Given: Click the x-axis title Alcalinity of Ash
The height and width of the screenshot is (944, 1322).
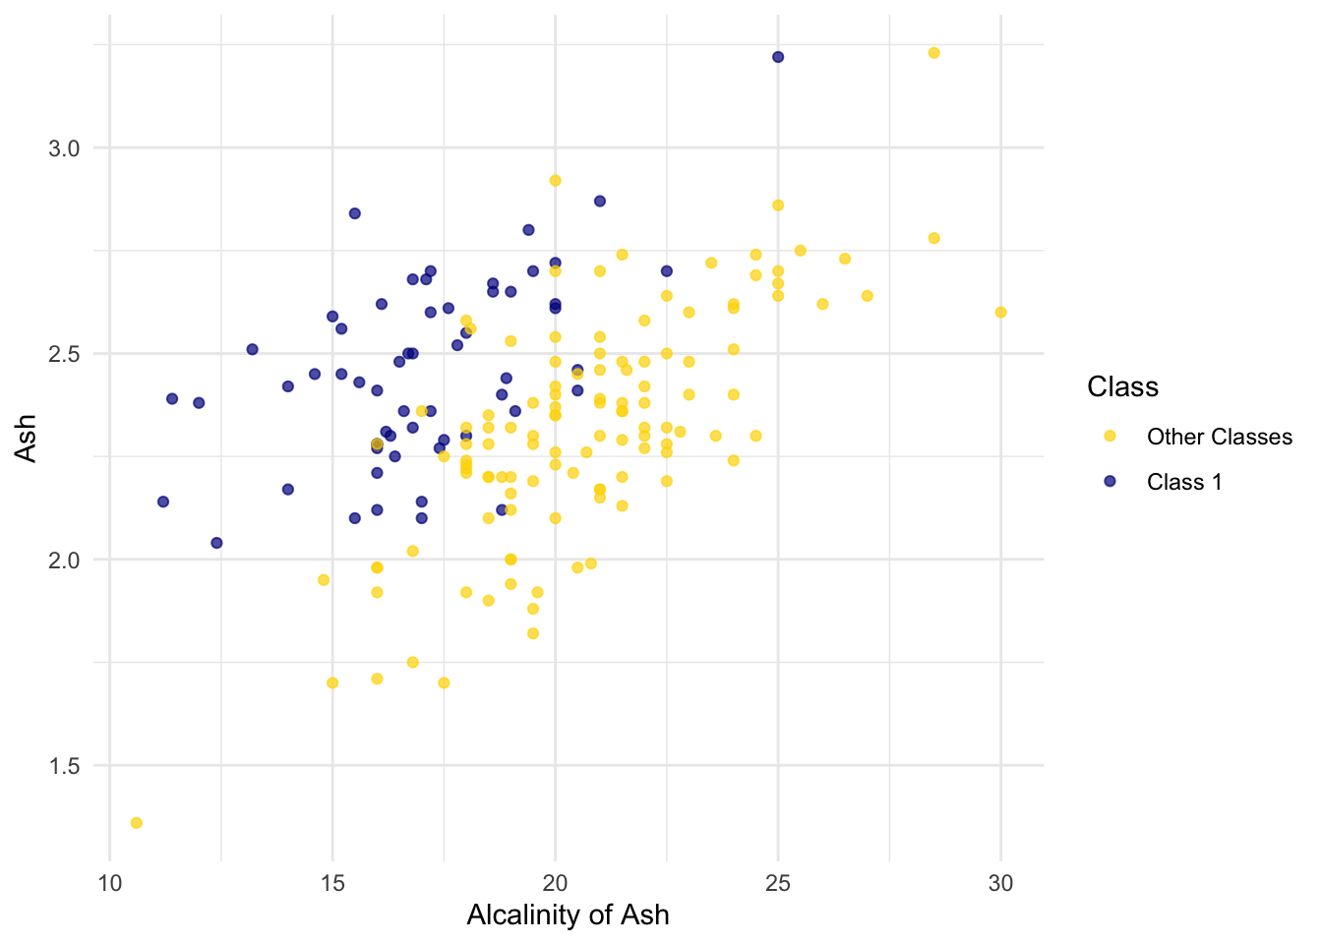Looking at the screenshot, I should pos(568,915).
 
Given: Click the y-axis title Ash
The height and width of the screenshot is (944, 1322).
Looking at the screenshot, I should pos(27,438).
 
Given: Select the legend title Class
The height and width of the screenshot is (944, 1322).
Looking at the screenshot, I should pos(1122,387).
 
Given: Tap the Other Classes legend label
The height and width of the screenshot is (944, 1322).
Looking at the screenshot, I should pos(1219,437).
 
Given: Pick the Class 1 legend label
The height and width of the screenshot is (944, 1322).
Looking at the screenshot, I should pos(1183,482).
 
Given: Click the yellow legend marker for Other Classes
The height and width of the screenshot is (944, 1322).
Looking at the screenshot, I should pos(1111,437).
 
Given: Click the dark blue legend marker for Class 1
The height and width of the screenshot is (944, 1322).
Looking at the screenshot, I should pos(1111,482).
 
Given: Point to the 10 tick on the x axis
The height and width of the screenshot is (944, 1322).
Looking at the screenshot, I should pos(109,883).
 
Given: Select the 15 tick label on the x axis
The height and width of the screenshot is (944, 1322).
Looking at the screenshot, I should pos(332,883).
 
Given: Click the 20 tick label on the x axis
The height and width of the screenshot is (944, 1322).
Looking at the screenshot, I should pos(555,883).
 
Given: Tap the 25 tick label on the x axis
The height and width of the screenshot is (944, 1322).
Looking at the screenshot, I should pos(778,883).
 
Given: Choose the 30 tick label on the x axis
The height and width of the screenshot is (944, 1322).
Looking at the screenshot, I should pos(1000,883).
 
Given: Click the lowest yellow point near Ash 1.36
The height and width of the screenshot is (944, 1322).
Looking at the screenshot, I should pos(137,823).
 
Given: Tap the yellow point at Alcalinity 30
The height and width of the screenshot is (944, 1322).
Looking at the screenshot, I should pos(1000,313).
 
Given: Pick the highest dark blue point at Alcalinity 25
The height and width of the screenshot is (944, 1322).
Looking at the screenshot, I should pos(778,57).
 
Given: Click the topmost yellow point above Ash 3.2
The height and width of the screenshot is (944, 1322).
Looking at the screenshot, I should pos(933,53).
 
